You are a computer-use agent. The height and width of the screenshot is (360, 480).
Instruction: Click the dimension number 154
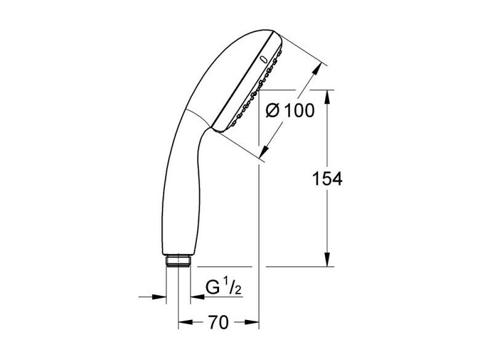327,179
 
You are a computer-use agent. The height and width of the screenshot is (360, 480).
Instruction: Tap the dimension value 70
218,322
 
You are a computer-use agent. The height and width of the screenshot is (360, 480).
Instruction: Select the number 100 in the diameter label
299,111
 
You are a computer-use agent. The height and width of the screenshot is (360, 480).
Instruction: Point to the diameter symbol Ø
273,111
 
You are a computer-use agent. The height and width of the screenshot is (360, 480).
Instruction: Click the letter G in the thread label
212,287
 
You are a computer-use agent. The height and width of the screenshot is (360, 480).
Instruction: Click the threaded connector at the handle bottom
178,261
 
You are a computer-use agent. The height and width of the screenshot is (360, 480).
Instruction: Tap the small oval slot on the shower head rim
262,60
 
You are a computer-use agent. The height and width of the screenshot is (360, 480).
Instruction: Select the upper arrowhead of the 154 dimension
327,97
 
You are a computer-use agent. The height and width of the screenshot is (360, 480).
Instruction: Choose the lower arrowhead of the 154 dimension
327,259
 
